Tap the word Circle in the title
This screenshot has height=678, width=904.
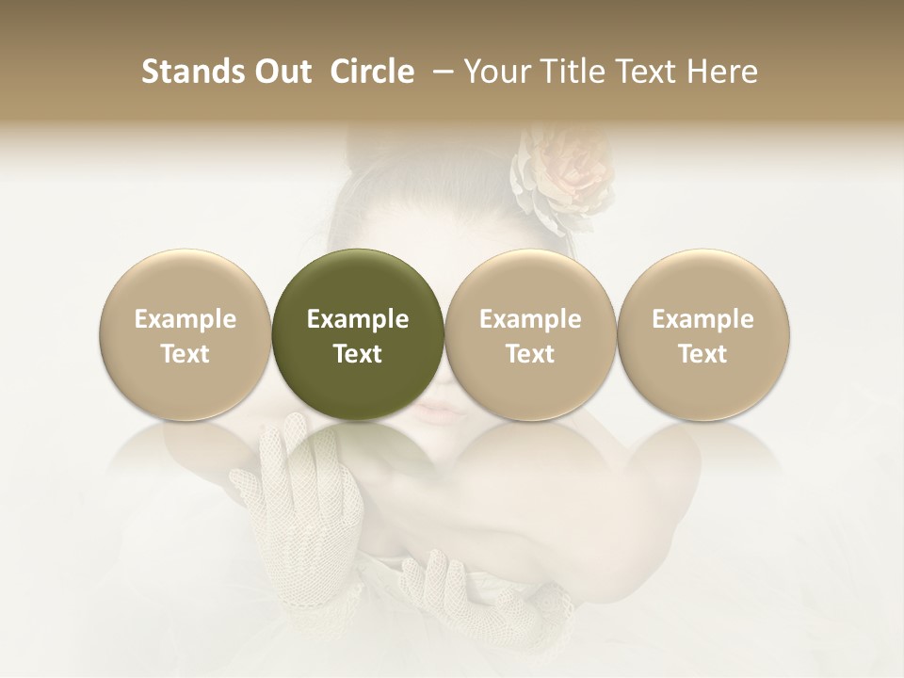click(x=372, y=72)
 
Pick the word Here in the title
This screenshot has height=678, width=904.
click(x=721, y=72)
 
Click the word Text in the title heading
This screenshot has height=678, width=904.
click(x=646, y=72)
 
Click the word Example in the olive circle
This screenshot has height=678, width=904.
click(x=358, y=319)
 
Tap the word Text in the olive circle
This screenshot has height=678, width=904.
click(x=358, y=354)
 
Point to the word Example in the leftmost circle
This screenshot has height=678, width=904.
click(x=186, y=319)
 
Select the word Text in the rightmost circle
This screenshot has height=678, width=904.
click(x=703, y=354)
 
